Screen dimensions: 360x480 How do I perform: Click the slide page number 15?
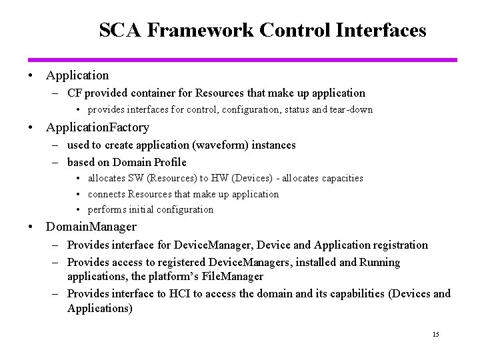(435, 334)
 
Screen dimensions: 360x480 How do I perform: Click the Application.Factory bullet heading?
(97, 127)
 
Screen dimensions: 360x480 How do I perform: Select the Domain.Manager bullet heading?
(91, 227)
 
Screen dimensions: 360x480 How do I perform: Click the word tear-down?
(351, 109)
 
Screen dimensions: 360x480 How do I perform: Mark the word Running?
(379, 262)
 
